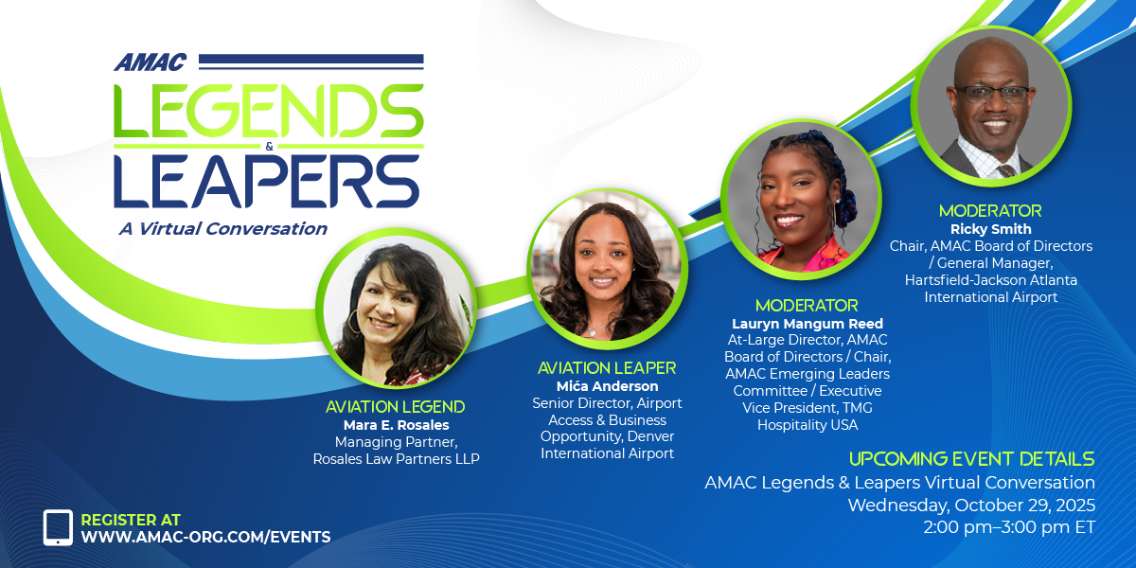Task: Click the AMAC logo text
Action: pos(151,62)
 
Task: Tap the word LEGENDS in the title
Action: pos(269,112)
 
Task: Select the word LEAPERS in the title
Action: pos(267,182)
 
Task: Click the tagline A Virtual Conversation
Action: pos(223,229)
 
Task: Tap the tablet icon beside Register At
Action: pos(58,527)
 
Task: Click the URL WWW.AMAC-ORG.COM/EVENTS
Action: pos(206,537)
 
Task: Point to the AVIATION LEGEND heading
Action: pos(395,407)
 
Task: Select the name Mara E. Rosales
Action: pos(396,425)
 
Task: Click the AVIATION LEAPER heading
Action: pos(607,368)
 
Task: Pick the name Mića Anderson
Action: pos(607,386)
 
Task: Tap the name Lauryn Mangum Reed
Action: pos(808,324)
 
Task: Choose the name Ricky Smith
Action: pos(991,229)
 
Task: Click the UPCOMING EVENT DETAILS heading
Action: pos(971,459)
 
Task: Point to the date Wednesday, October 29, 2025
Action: pos(971,506)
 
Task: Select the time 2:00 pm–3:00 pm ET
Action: pos(1009,527)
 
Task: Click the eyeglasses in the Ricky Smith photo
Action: pos(992,95)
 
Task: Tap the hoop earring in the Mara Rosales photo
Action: pos(353,322)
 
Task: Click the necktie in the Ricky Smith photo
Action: pos(1006,170)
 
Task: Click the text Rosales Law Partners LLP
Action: pos(396,459)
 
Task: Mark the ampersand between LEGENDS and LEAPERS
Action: pos(269,147)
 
